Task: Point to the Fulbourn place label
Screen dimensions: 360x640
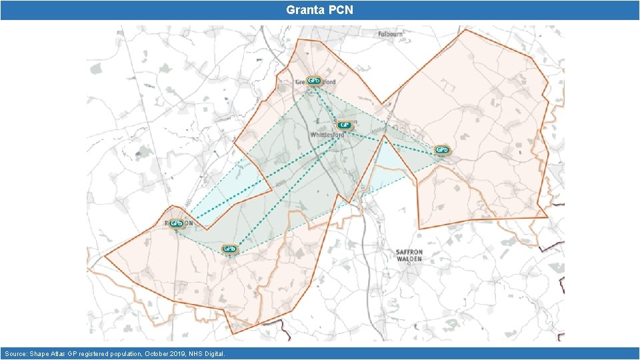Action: coord(391,33)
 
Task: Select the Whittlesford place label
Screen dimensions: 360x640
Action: coord(327,135)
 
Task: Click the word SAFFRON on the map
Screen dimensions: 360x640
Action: coord(409,252)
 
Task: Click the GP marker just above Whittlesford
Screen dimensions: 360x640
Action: coord(345,125)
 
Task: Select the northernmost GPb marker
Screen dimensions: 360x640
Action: coord(313,81)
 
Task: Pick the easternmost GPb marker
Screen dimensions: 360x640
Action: coord(441,149)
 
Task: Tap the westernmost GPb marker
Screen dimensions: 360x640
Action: coord(176,223)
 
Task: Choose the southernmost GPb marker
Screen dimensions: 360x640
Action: coord(229,249)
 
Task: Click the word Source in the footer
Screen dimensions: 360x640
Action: coord(16,353)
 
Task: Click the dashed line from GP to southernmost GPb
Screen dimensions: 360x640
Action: coord(287,187)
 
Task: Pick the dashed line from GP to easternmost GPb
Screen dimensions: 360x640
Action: coord(393,141)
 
